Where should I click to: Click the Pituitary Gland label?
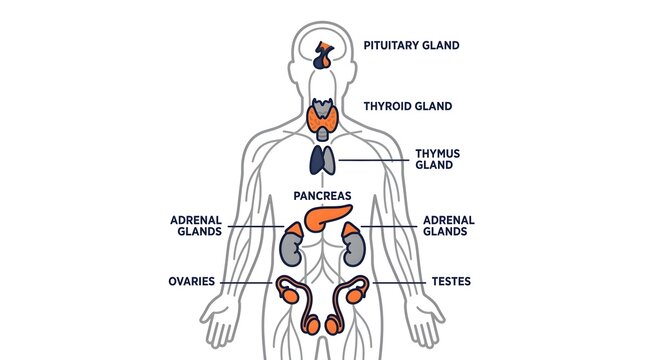[x=411, y=45]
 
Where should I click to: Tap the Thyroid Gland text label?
[x=408, y=106]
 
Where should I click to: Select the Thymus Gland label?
[x=437, y=159]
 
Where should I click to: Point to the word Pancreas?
[x=322, y=196]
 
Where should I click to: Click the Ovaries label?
[x=192, y=281]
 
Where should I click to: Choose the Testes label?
[x=451, y=281]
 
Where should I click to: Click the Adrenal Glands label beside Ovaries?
[x=196, y=226]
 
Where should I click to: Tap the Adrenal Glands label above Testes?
[x=449, y=226]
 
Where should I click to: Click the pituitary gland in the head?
[x=324, y=56]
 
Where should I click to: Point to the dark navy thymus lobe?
[x=316, y=160]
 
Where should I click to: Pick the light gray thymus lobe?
[x=329, y=160]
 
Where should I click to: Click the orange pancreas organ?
[x=327, y=217]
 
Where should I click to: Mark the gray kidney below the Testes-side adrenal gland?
[x=354, y=250]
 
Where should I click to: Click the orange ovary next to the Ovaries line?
[x=290, y=296]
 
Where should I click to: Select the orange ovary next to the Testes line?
[x=355, y=296]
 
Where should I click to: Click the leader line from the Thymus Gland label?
[x=374, y=160]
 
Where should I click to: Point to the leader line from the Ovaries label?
[x=246, y=283]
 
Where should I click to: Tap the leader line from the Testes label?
[x=399, y=283]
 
